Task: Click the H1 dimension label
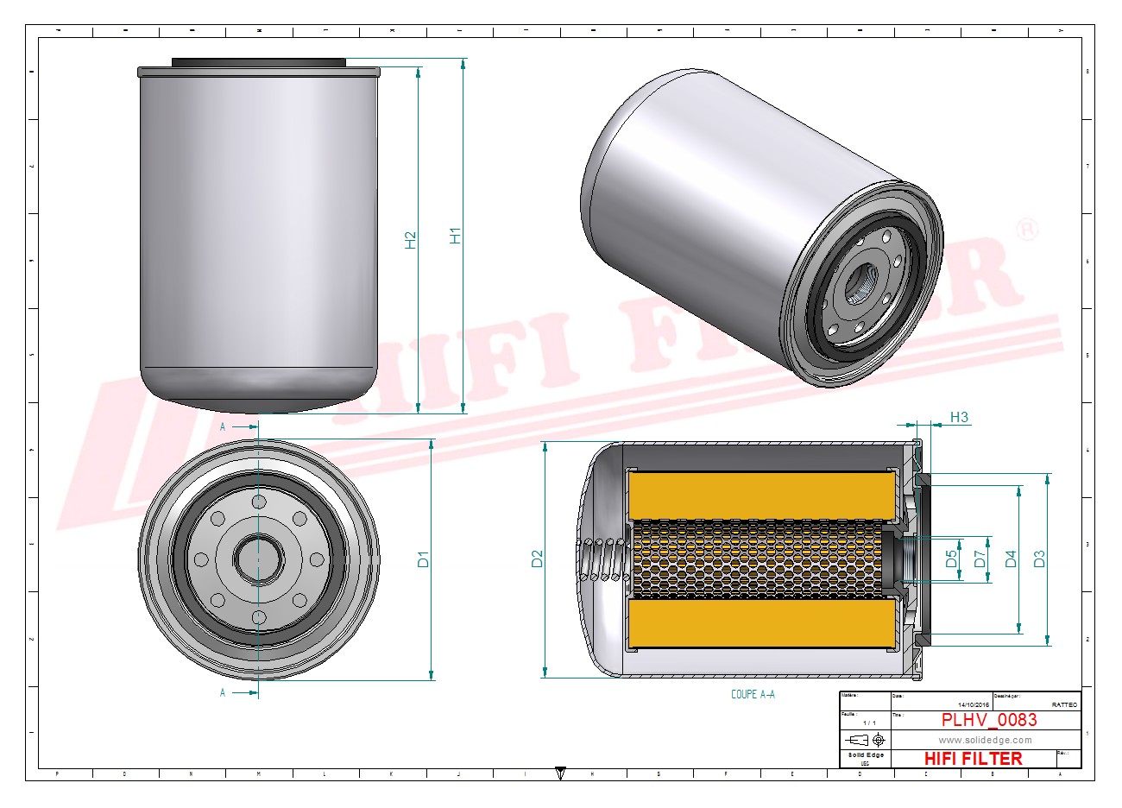(456, 235)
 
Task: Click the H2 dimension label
(411, 240)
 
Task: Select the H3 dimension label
(959, 418)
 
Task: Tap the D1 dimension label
(423, 559)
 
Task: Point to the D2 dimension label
(537, 559)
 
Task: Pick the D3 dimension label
(1039, 559)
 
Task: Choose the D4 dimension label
(1012, 559)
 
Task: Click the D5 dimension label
(951, 559)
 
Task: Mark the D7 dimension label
(980, 559)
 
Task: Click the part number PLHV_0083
(989, 720)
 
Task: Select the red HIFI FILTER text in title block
(973, 759)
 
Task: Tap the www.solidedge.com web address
(985, 740)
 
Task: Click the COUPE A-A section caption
(753, 694)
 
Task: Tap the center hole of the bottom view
(259, 559)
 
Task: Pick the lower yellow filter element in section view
(761, 623)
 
